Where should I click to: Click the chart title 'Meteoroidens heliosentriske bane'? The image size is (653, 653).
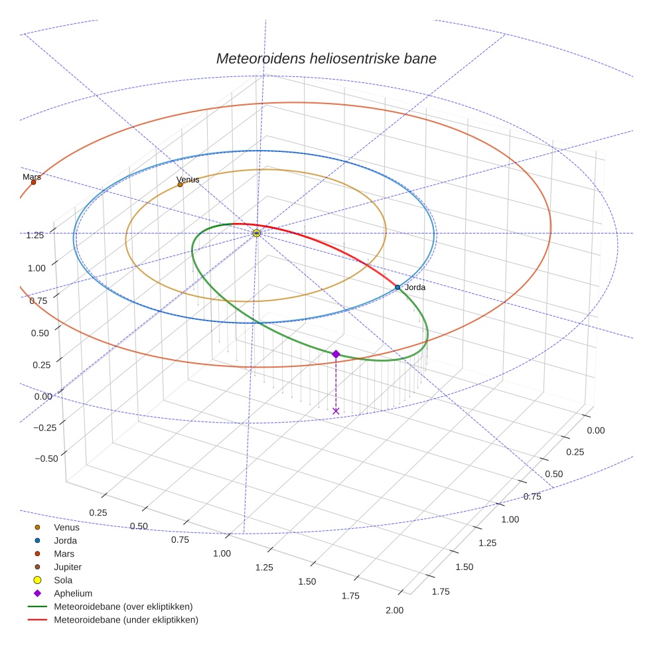tap(326, 58)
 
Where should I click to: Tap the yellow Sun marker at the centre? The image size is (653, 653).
tap(257, 233)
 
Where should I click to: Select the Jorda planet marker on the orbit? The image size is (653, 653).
tap(398, 287)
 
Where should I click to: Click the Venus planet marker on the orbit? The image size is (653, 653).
tap(180, 184)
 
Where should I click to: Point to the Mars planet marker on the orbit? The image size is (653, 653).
tap(33, 182)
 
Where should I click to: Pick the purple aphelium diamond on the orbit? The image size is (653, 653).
tap(336, 354)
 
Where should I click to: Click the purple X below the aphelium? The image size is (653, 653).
tap(336, 411)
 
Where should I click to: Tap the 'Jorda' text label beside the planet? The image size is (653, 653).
tap(415, 287)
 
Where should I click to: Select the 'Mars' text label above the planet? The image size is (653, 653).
tap(32, 177)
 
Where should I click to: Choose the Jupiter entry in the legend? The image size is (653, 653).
tap(68, 567)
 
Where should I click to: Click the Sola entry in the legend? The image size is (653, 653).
tap(63, 581)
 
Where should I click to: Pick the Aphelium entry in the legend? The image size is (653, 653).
tap(73, 594)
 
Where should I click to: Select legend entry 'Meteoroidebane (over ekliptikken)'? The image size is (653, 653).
tap(123, 607)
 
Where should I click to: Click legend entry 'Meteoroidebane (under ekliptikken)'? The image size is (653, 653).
tap(126, 620)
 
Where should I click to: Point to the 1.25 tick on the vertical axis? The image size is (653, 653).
tap(35, 235)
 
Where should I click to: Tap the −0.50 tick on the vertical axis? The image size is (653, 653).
tap(44, 459)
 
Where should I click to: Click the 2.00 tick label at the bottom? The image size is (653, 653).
tap(394, 611)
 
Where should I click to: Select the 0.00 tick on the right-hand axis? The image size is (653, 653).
tap(596, 430)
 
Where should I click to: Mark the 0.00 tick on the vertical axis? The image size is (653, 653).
tap(42, 396)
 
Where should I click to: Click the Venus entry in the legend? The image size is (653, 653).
tap(66, 528)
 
